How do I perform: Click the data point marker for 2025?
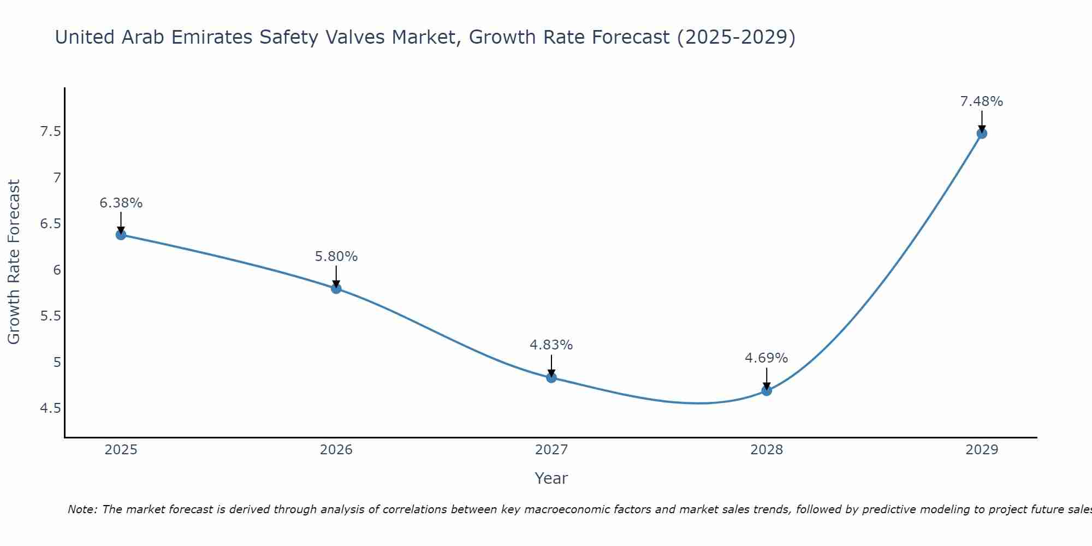121,235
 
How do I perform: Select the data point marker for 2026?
336,288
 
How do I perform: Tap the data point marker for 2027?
551,377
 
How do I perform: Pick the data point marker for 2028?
767,390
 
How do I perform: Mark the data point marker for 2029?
982,133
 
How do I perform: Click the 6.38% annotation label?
121,203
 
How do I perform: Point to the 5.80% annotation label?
336,257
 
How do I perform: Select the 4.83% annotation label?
551,345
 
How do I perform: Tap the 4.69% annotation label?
767,358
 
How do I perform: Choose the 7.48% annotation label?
982,102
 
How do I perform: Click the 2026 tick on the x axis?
336,450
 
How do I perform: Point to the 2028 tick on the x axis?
767,450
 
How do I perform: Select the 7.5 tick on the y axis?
50,132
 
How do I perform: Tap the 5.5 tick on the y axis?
50,316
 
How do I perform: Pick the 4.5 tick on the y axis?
50,408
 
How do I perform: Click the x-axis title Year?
551,478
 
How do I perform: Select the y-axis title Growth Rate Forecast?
14,262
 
